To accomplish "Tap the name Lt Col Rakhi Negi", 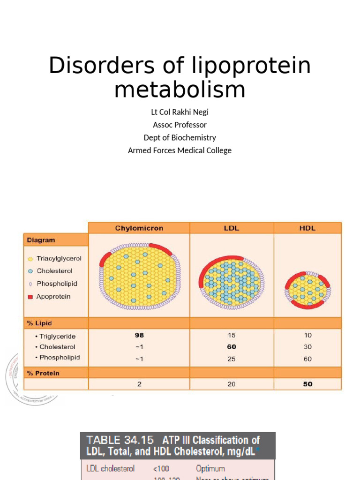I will click(x=180, y=112).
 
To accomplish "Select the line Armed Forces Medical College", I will click(x=180, y=150).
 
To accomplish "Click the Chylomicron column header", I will click(x=139, y=228).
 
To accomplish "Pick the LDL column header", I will click(x=232, y=228).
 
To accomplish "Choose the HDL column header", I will click(x=307, y=228).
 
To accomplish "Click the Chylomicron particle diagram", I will click(x=140, y=276).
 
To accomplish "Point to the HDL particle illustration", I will click(x=307, y=290).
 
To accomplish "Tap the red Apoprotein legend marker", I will click(x=30, y=297).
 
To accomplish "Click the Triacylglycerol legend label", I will click(x=59, y=258).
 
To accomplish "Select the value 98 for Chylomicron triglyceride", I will click(x=139, y=336).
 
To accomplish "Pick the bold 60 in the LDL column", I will click(x=232, y=347).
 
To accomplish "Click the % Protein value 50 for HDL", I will click(x=307, y=384).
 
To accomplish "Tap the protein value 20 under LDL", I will click(x=232, y=384).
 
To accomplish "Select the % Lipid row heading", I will click(x=39, y=323).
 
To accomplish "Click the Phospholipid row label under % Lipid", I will click(x=60, y=358).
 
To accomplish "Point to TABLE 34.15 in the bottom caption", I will click(x=120, y=440).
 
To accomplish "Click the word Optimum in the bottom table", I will click(x=210, y=468).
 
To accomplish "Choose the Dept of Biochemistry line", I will click(x=180, y=138).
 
